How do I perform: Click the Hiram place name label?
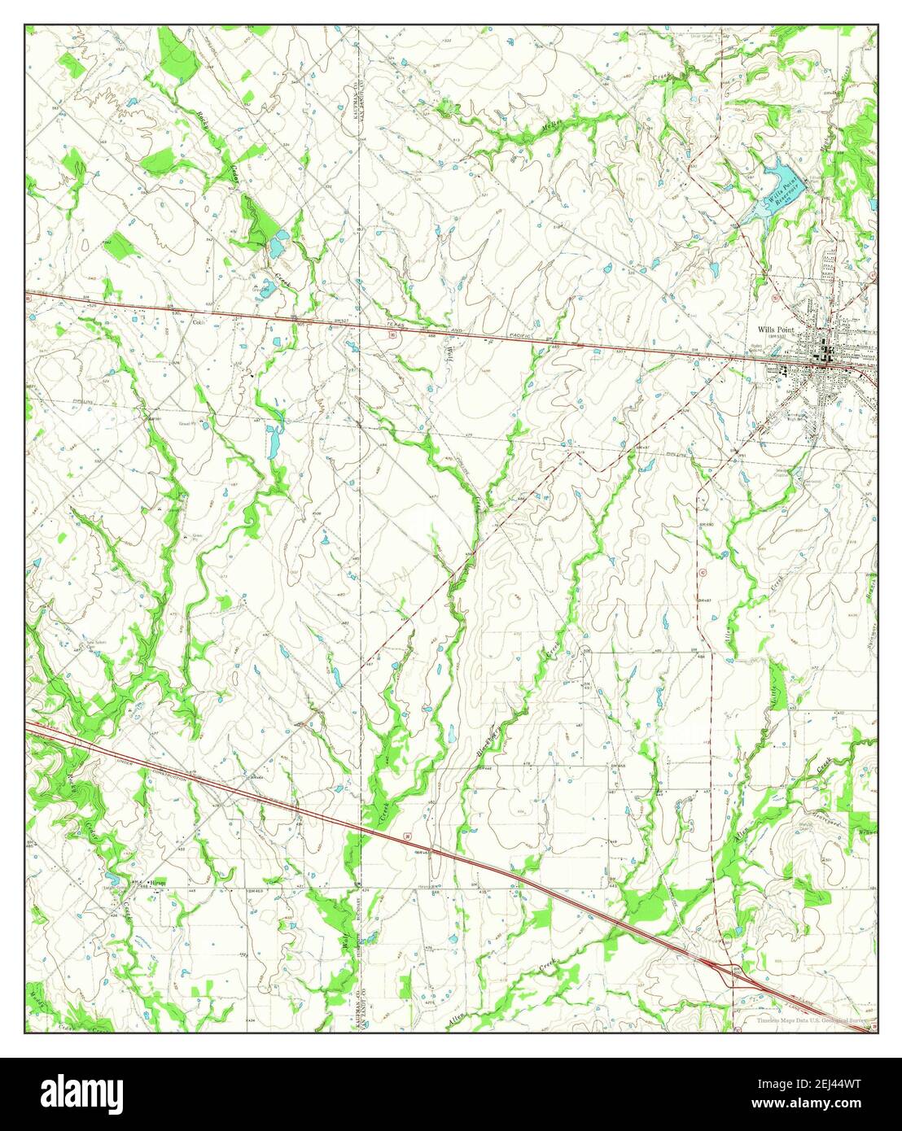point(158,882)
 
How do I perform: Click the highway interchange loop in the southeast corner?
point(730,970)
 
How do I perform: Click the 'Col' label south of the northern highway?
point(195,320)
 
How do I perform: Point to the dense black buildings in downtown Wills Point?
point(827,352)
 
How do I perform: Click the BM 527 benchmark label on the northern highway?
point(341,320)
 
